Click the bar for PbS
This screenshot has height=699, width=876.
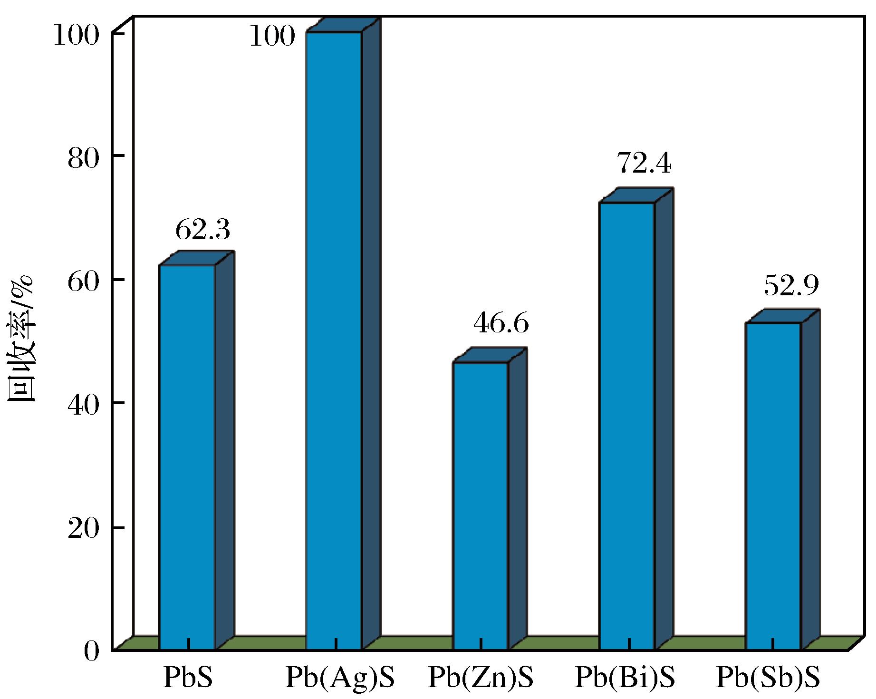tap(187, 456)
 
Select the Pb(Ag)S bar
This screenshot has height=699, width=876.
tap(334, 340)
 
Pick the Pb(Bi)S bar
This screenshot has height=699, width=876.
tap(627, 426)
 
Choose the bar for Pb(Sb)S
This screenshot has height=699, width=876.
tap(774, 485)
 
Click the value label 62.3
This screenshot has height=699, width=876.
tap(202, 231)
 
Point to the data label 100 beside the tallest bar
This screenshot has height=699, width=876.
tap(272, 36)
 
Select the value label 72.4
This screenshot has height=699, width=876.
tap(644, 164)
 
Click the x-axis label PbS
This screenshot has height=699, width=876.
tap(188, 677)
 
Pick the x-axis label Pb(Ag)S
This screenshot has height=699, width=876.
tap(340, 677)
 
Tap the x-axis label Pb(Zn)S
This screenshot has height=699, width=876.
tap(481, 677)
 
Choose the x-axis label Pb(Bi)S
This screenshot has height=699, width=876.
tap(625, 677)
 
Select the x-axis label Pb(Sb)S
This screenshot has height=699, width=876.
tap(768, 677)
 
